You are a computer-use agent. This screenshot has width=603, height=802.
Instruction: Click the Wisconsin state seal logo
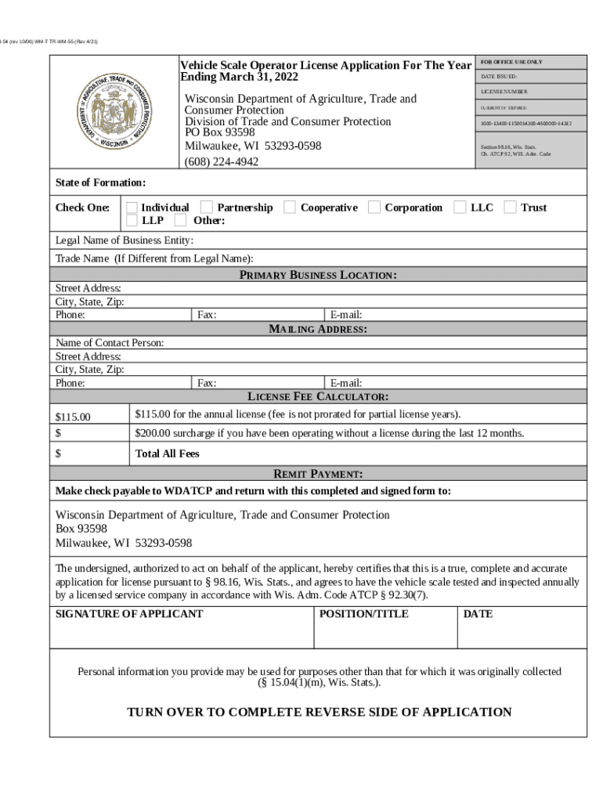click(115, 112)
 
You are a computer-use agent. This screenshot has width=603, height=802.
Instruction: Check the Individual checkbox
click(132, 208)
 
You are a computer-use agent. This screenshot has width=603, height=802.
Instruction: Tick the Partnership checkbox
click(207, 208)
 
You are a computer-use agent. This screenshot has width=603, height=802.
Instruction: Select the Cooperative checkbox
click(290, 208)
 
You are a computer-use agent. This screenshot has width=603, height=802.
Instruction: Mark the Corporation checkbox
click(374, 208)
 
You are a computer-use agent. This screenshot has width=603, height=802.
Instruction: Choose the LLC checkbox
click(460, 208)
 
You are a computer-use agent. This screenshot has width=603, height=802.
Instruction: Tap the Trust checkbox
click(510, 208)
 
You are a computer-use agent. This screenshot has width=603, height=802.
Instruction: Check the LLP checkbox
click(132, 221)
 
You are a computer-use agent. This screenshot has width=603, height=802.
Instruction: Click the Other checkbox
click(180, 221)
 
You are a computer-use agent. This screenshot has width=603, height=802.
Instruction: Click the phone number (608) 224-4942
click(222, 162)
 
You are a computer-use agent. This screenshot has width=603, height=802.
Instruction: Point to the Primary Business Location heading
click(317, 275)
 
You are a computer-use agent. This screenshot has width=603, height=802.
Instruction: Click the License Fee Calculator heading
click(317, 396)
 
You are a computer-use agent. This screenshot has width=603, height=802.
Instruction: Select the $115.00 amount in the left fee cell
click(73, 417)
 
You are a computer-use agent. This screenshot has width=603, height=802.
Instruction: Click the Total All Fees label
click(167, 453)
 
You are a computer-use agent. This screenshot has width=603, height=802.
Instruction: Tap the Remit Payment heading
click(317, 474)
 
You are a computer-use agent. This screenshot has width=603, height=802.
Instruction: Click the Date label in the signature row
click(478, 614)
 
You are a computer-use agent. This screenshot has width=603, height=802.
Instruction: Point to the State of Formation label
click(100, 182)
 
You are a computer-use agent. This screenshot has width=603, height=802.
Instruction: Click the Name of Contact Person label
click(110, 343)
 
